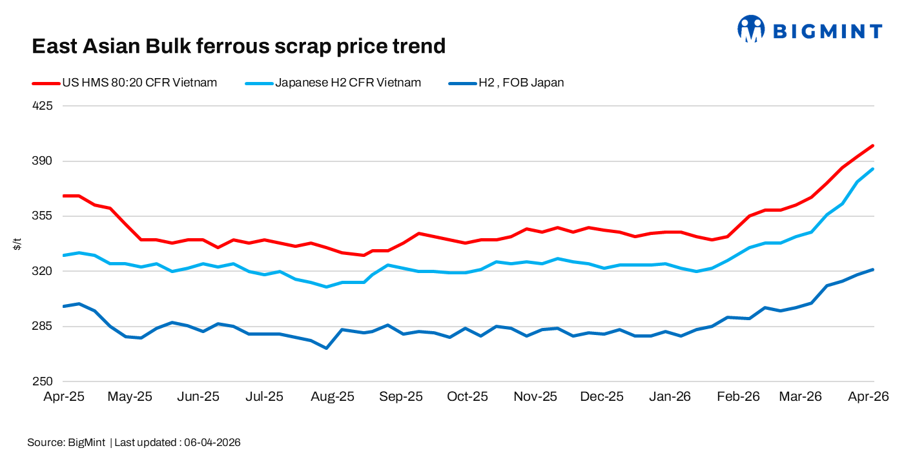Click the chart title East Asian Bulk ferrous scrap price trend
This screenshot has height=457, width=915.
click(x=238, y=46)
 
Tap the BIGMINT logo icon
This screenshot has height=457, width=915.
click(x=751, y=30)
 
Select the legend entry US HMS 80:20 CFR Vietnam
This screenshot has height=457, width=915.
click(x=139, y=83)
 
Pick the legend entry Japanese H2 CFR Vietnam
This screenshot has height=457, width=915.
click(x=348, y=83)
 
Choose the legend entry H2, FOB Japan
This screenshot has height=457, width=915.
click(x=520, y=83)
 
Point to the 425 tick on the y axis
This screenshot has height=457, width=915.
click(x=42, y=106)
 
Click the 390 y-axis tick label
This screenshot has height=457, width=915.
click(x=42, y=161)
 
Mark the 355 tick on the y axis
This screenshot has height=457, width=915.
click(x=42, y=216)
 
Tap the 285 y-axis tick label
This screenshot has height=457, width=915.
click(x=42, y=327)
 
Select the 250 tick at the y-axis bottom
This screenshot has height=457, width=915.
click(x=42, y=381)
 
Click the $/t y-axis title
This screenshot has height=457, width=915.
click(x=17, y=244)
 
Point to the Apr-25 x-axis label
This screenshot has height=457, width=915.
click(x=64, y=397)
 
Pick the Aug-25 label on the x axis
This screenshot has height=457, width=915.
click(x=333, y=397)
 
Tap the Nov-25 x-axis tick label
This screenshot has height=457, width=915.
click(x=535, y=397)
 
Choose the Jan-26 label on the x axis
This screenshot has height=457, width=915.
click(x=670, y=397)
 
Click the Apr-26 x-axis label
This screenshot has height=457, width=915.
click(x=869, y=397)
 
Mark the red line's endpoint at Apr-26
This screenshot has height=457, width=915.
click(x=873, y=146)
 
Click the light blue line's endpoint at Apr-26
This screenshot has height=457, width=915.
click(x=873, y=169)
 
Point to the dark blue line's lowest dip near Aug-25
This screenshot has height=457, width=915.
click(x=327, y=349)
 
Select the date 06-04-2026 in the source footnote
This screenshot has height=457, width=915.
click(x=212, y=443)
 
